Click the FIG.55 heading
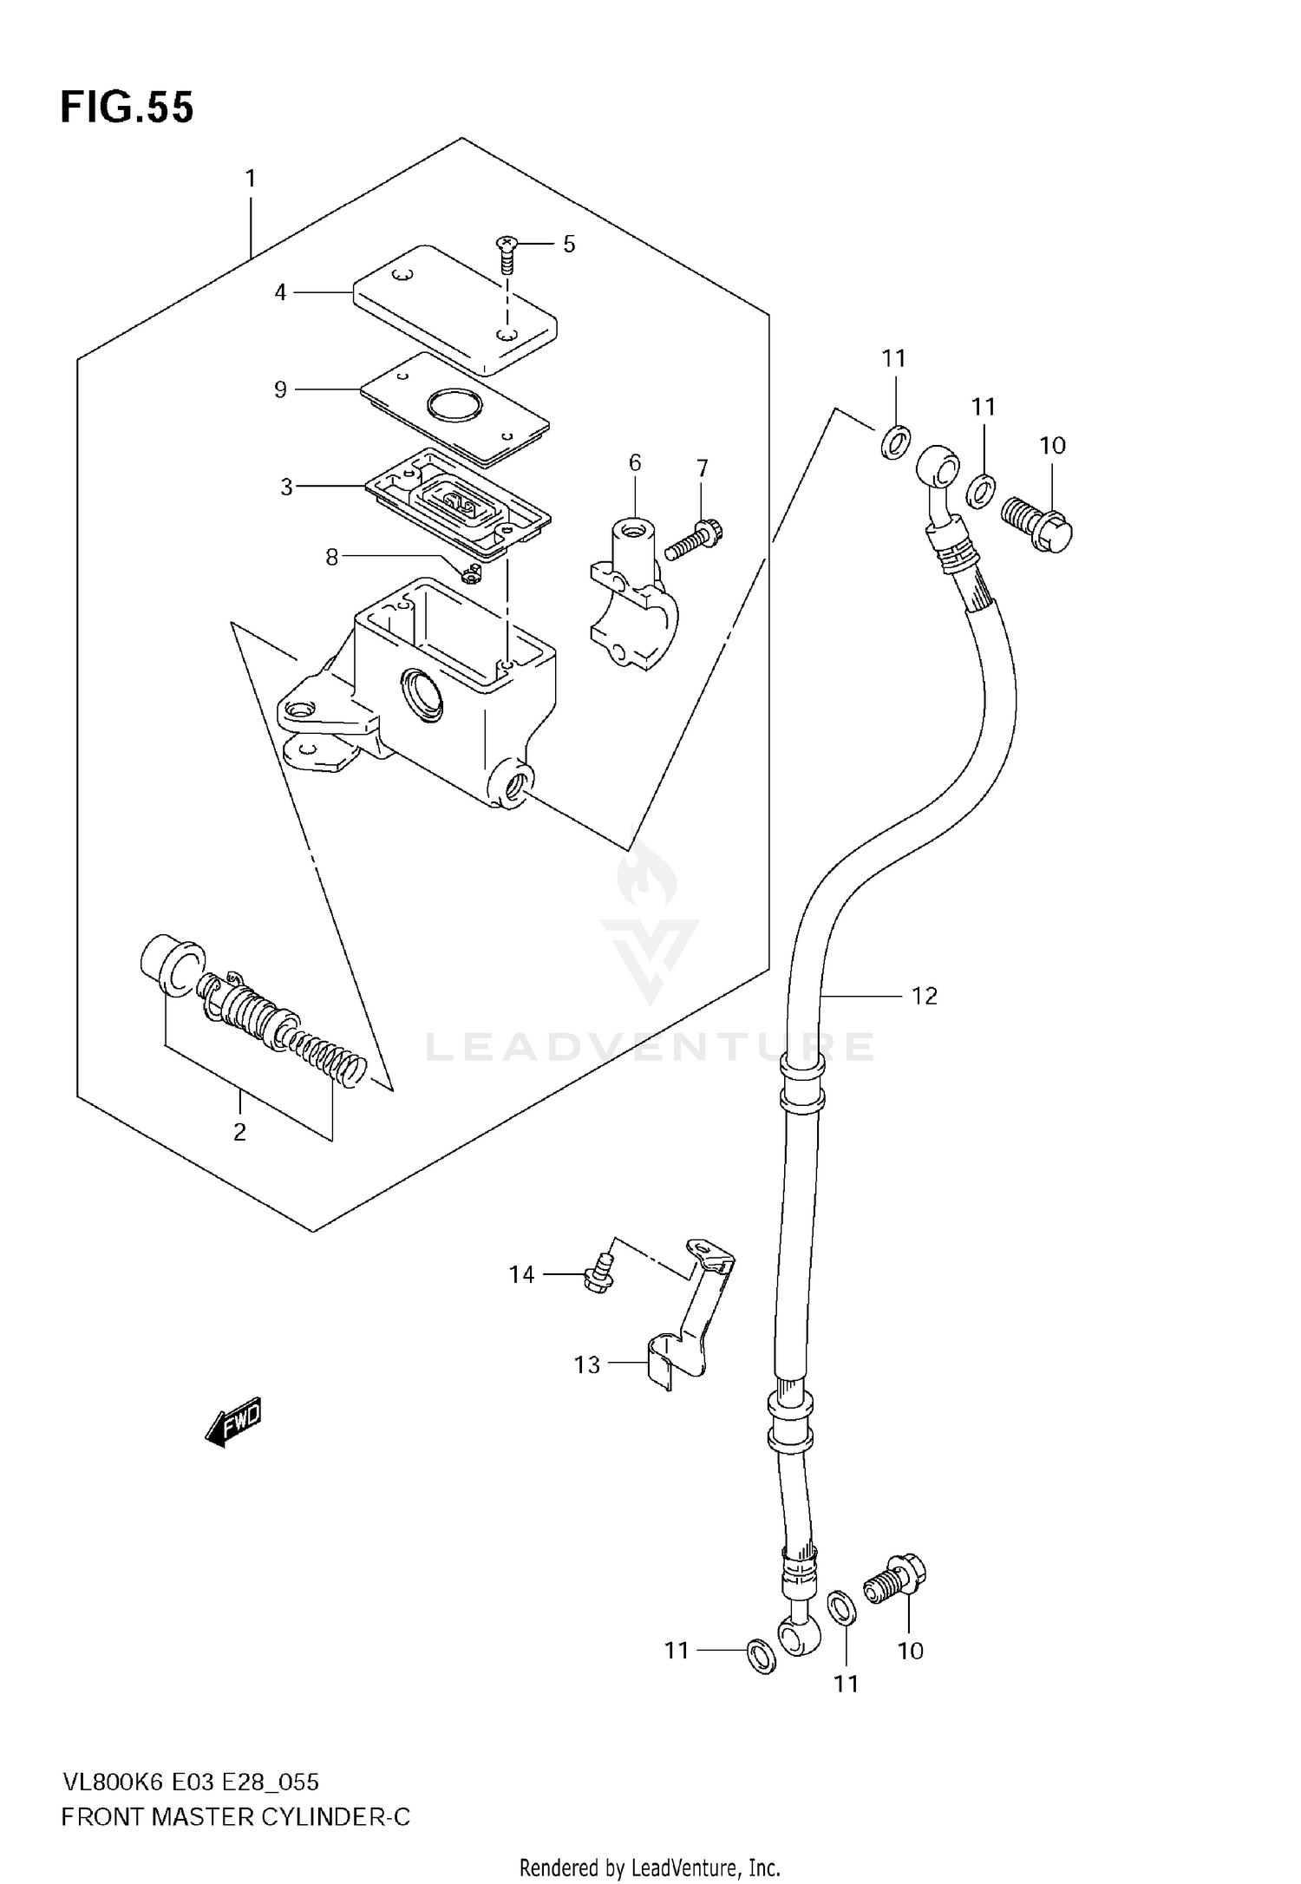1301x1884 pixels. click(x=127, y=108)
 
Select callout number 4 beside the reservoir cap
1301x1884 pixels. click(x=280, y=293)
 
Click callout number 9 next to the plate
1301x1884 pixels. click(x=280, y=390)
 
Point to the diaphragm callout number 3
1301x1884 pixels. click(x=286, y=487)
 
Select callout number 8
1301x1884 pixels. click(x=331, y=557)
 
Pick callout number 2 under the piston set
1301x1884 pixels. click(x=240, y=1132)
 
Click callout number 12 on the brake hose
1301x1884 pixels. click(x=925, y=996)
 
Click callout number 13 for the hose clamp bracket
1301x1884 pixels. click(x=587, y=1365)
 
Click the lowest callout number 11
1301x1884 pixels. click(x=846, y=1684)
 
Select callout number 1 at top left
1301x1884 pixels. click(x=251, y=180)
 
